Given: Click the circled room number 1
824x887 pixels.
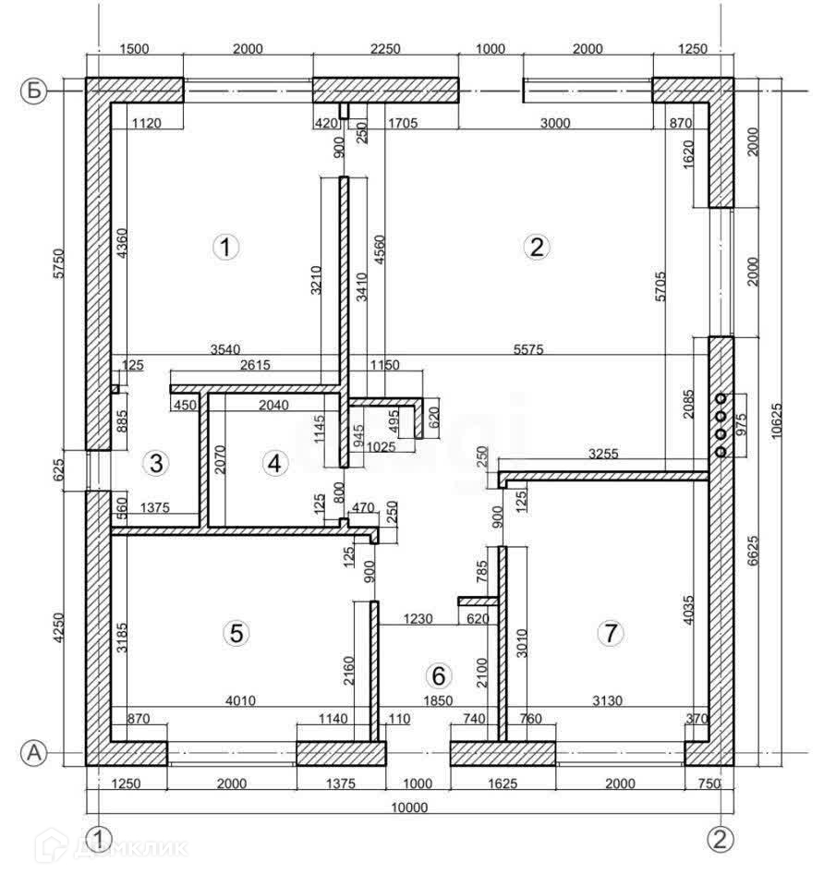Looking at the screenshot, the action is (225, 247).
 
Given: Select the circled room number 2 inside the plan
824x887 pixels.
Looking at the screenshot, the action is (536, 247).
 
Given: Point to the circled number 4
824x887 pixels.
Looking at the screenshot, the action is (273, 463).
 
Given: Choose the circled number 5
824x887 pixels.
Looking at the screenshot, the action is (236, 633).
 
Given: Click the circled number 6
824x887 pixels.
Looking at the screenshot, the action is (439, 675).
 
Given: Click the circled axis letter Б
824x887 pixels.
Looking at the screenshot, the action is (34, 91).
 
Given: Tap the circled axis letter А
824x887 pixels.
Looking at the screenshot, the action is (34, 753).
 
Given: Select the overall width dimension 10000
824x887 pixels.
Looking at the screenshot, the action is (409, 807).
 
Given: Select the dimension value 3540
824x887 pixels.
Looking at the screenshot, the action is (224, 348).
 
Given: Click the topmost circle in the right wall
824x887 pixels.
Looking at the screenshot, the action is (721, 398).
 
